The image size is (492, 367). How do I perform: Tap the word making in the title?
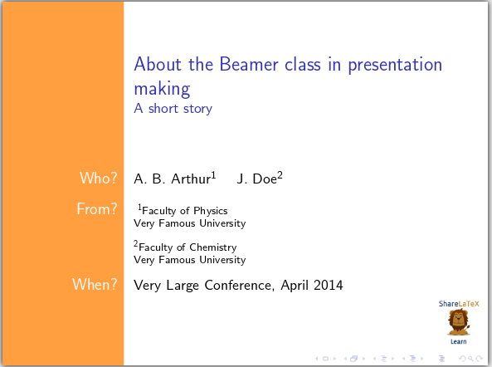(x=162, y=88)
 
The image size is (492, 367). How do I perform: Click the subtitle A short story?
(x=173, y=108)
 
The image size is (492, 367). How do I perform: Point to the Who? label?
(x=98, y=178)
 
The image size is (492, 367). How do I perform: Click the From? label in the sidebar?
(x=96, y=209)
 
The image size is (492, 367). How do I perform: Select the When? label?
(x=95, y=285)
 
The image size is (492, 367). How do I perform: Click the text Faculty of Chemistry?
(x=188, y=247)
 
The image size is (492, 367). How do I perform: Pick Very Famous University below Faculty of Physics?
(x=189, y=223)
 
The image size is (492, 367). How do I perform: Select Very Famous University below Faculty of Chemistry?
(x=189, y=260)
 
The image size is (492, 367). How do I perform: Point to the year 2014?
(x=327, y=286)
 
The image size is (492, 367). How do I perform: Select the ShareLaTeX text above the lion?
(x=458, y=304)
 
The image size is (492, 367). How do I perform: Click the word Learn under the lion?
(x=458, y=341)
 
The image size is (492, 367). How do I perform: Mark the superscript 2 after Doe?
(x=280, y=174)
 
